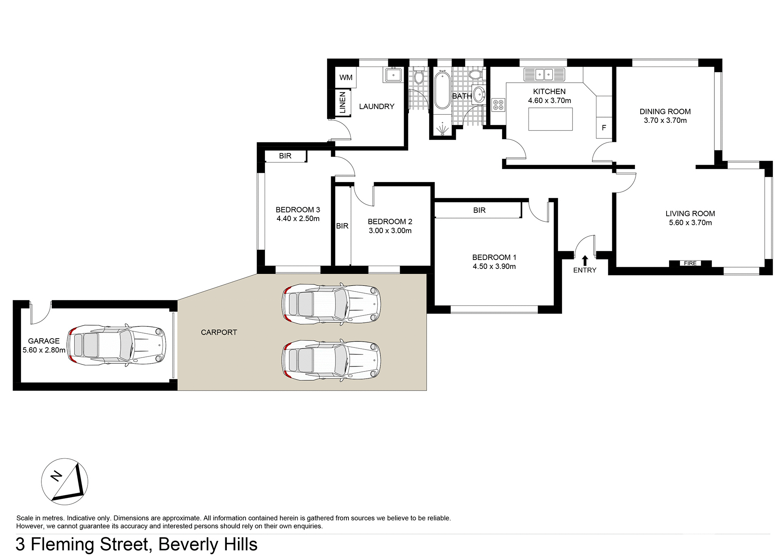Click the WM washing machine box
pos(346,77)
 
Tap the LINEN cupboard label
pos(343,103)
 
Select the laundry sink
pos(393,75)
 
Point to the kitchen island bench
pos(550,119)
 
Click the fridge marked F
pos(604,128)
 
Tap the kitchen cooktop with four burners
pos(498,105)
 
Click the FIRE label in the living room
pos(690,263)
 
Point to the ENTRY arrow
pos(585,260)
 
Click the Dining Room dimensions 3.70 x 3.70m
pos(665,120)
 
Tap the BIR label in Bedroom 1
pos(479,210)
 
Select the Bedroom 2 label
pos(390,221)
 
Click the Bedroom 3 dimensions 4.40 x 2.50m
pos(298,219)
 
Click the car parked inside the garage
pos(117,345)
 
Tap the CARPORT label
pos(219,332)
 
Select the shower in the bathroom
pos(442,128)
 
